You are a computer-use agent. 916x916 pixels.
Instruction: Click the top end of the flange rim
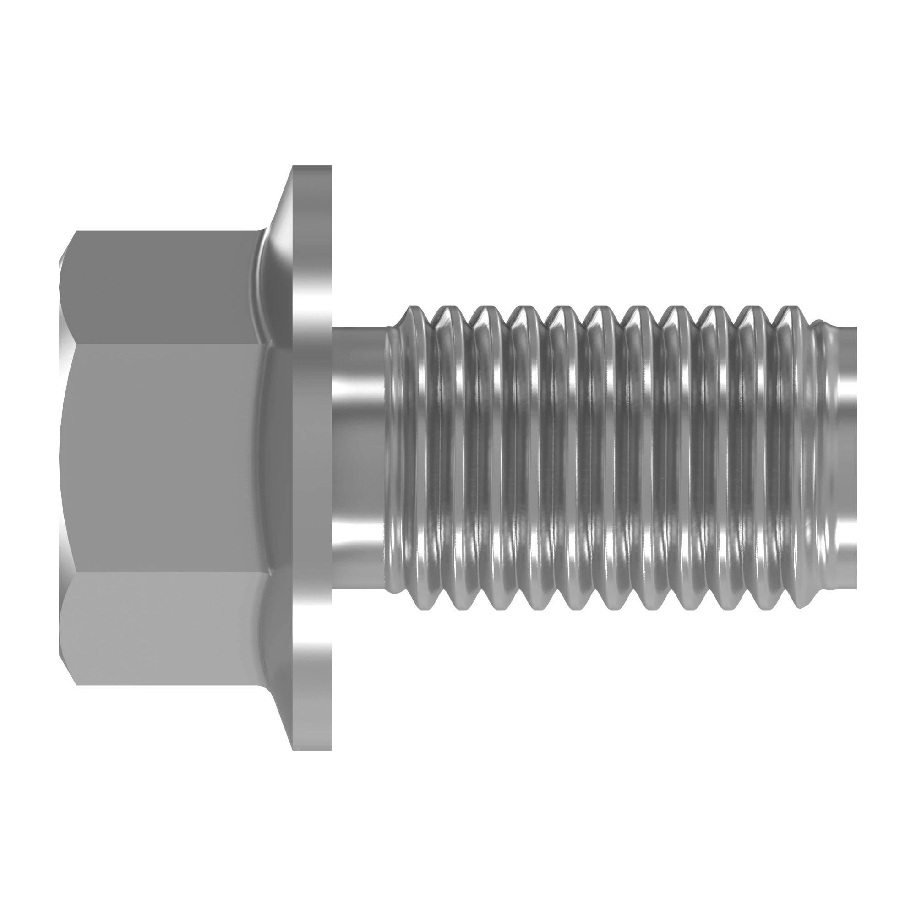click(311, 171)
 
